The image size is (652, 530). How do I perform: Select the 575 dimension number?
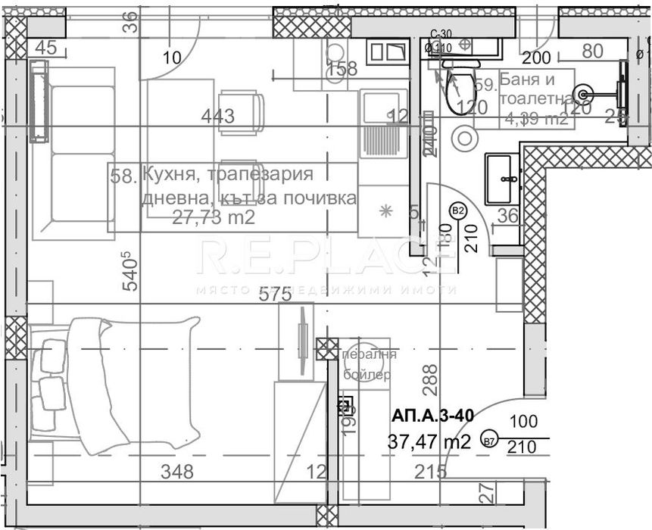coord(276,295)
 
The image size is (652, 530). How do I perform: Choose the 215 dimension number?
coord(430,472)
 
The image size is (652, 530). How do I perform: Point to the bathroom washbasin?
coord(502,178)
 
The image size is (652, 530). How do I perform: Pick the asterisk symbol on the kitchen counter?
coord(385,211)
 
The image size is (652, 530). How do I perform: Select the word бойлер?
coord(367,374)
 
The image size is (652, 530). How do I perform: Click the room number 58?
coord(122,176)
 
